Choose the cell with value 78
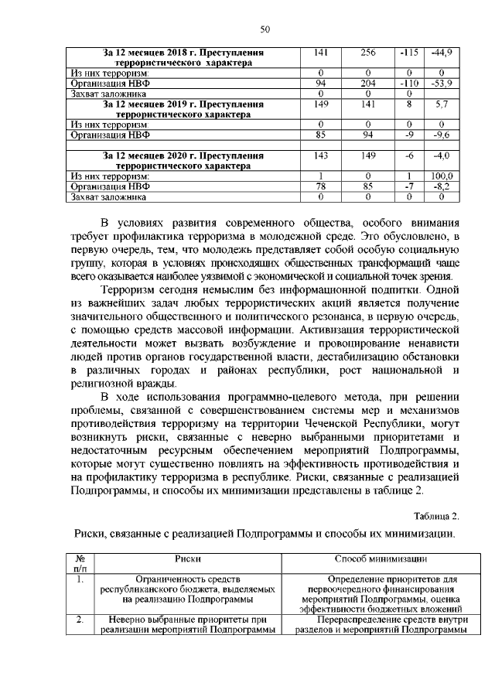tap(319, 186)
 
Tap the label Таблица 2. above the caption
tap(436, 516)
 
